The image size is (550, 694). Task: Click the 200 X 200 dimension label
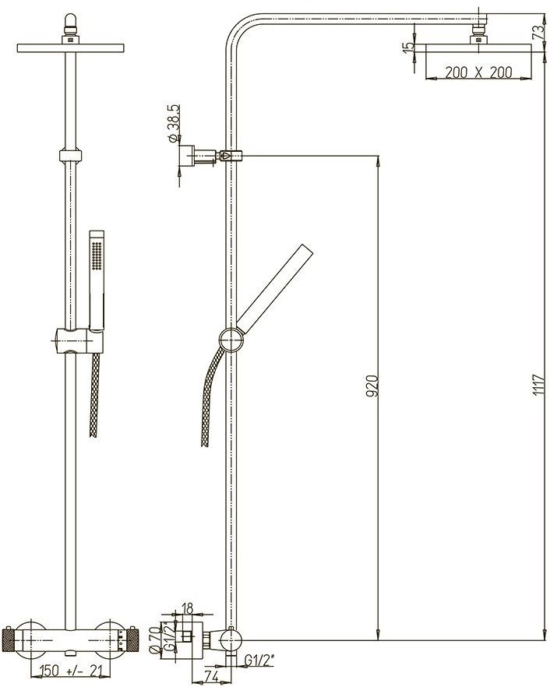(478, 72)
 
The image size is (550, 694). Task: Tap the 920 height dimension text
(372, 385)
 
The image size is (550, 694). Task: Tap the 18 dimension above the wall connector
(187, 608)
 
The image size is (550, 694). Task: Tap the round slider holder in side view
(231, 340)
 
